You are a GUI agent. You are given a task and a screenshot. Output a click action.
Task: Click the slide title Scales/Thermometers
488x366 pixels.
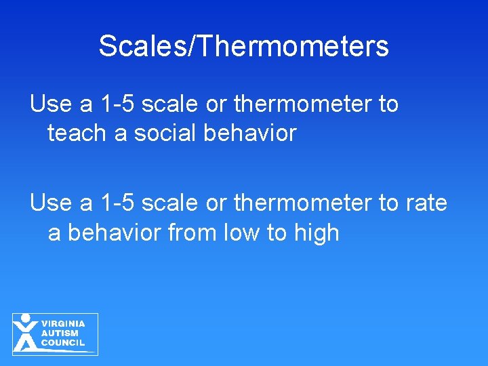[x=243, y=46]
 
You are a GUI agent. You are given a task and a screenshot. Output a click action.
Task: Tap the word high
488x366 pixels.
[x=316, y=232]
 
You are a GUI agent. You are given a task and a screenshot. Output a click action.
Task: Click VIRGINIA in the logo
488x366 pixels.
[x=63, y=324]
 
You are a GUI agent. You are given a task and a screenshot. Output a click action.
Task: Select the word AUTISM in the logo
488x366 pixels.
[x=60, y=333]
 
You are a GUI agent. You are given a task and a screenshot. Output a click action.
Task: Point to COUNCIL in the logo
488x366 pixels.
[x=63, y=343]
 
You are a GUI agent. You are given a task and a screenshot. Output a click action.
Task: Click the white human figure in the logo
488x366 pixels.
[x=26, y=334]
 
